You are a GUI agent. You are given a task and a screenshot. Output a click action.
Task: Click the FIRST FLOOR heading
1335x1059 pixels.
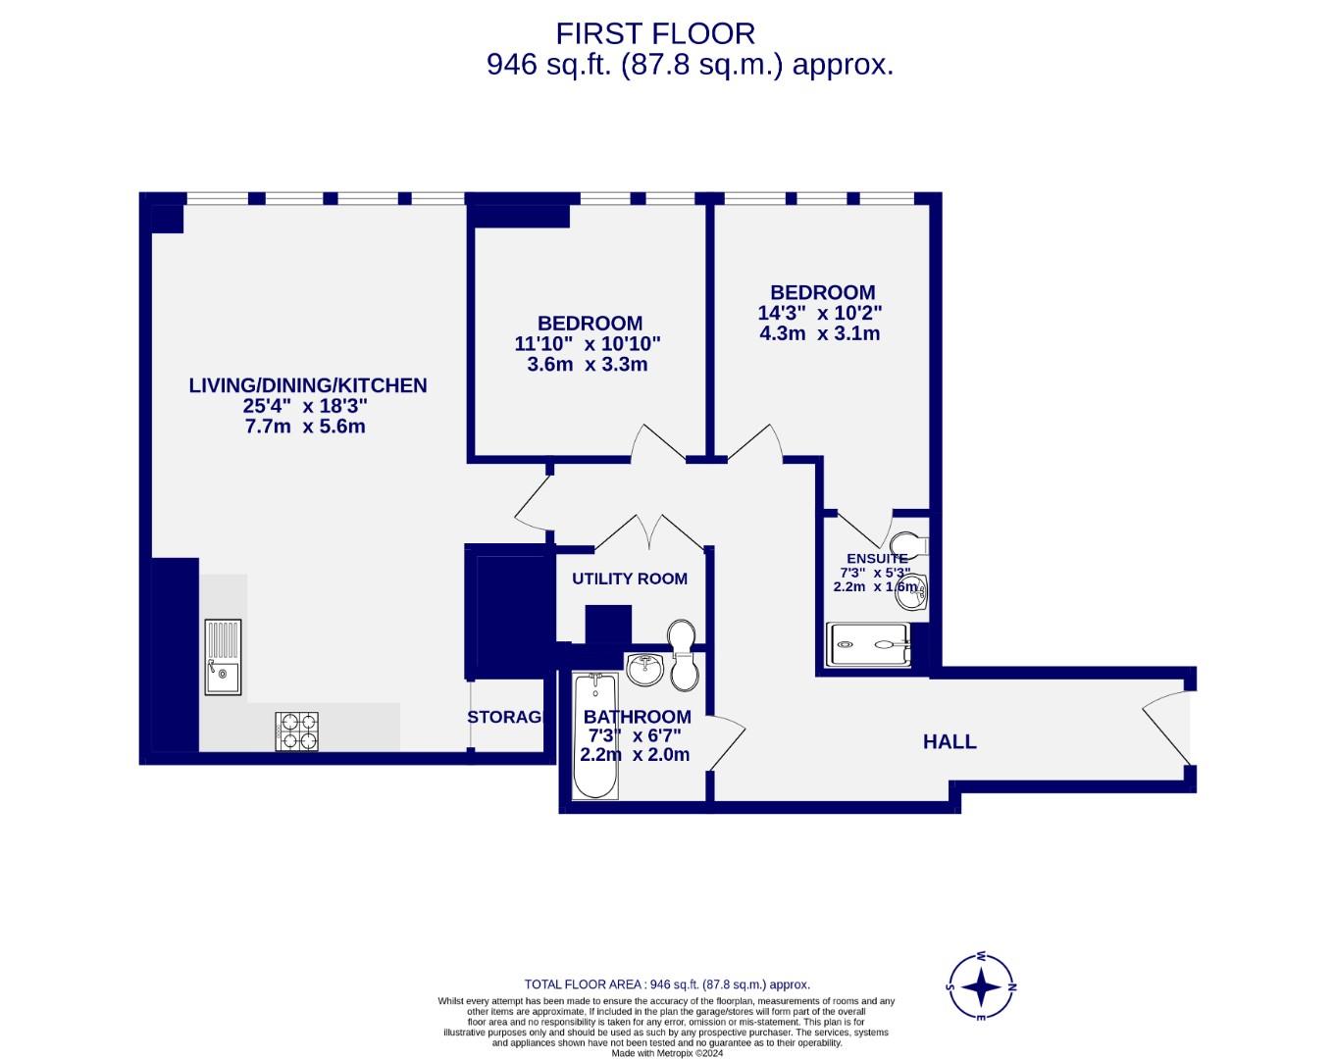pos(655,33)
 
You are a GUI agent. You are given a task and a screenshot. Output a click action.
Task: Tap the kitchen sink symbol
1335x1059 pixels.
pos(223,657)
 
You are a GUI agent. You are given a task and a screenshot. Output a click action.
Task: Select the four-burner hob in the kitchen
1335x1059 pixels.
pos(298,731)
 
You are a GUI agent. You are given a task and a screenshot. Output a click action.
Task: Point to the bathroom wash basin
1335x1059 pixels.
pos(646,671)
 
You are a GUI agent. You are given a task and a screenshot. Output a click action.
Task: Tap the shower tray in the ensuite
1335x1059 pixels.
pos(868,645)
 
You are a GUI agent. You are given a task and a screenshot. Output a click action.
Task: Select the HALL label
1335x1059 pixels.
pos(950,742)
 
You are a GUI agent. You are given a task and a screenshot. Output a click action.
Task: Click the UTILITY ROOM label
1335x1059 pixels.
pos(630,579)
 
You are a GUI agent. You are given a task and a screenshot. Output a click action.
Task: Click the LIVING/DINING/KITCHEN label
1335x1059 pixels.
pos(308,385)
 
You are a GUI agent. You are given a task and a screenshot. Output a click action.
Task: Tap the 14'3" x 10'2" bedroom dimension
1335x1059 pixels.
pos(820,313)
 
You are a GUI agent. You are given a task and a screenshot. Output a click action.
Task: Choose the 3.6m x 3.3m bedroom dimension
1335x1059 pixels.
pos(588,365)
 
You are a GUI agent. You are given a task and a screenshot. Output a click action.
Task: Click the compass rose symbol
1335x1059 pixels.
pos(981,987)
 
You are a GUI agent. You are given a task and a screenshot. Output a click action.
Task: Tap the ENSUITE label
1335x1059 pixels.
pos(877,559)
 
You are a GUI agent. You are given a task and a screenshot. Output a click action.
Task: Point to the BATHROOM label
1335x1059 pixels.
pos(638,717)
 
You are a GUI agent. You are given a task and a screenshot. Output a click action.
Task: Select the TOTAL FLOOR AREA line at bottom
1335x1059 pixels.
pos(667,984)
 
